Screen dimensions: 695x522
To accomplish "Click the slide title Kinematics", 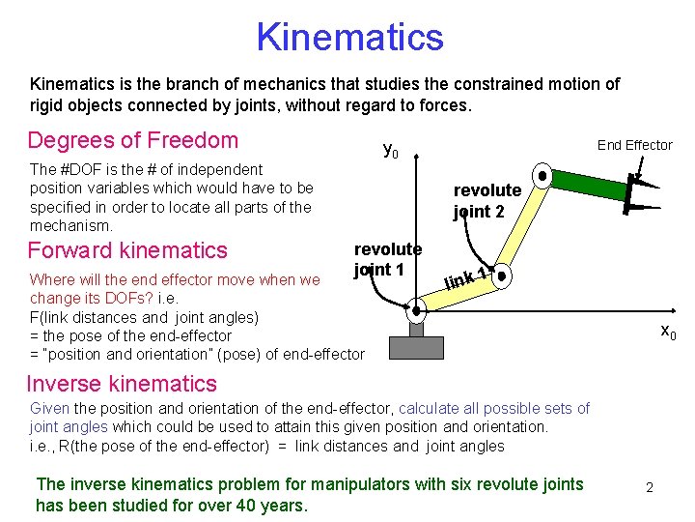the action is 349,38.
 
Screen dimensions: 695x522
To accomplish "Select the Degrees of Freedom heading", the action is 133,140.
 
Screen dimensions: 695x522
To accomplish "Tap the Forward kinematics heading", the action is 127,250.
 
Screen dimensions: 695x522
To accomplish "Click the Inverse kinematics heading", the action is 123,384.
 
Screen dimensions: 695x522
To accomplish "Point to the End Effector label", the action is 634,145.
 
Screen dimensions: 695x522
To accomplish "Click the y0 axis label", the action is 391,150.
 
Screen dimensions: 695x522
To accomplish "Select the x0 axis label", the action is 668,333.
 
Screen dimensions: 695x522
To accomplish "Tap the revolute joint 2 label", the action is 486,200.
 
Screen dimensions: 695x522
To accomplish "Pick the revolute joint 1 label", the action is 387,259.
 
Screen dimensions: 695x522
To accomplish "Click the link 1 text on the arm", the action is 465,280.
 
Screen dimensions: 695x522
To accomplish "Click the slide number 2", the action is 649,487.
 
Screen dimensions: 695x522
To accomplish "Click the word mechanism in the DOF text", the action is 71,225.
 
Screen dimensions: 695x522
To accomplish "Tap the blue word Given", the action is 49,409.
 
